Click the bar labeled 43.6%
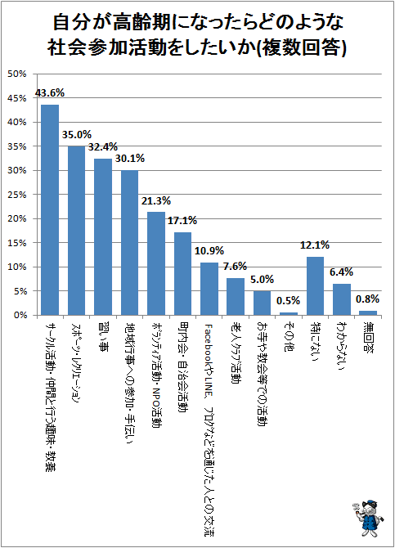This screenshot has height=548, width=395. pyautogui.click(x=50, y=209)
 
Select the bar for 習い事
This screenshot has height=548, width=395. pyautogui.click(x=103, y=237)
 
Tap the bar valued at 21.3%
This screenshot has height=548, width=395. pyautogui.click(x=156, y=263)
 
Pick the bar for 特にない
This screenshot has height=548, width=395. pyautogui.click(x=315, y=286)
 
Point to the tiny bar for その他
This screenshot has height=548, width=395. pyautogui.click(x=289, y=314)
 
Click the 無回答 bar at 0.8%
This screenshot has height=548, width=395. pyautogui.click(x=368, y=313)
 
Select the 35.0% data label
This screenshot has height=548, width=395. pyautogui.click(x=77, y=135)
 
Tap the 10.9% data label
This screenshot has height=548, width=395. pyautogui.click(x=209, y=251)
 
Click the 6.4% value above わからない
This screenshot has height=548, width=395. pyautogui.click(x=341, y=272)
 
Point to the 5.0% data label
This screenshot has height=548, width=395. pyautogui.click(x=263, y=279)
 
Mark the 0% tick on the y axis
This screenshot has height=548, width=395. pyautogui.click(x=20, y=315)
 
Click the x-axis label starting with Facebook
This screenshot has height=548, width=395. pyautogui.click(x=209, y=429)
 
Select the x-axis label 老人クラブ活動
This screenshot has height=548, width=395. pyautogui.click(x=236, y=353)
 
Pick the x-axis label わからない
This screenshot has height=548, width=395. pyautogui.click(x=341, y=345)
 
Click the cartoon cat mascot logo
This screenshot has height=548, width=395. pyautogui.click(x=367, y=519)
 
